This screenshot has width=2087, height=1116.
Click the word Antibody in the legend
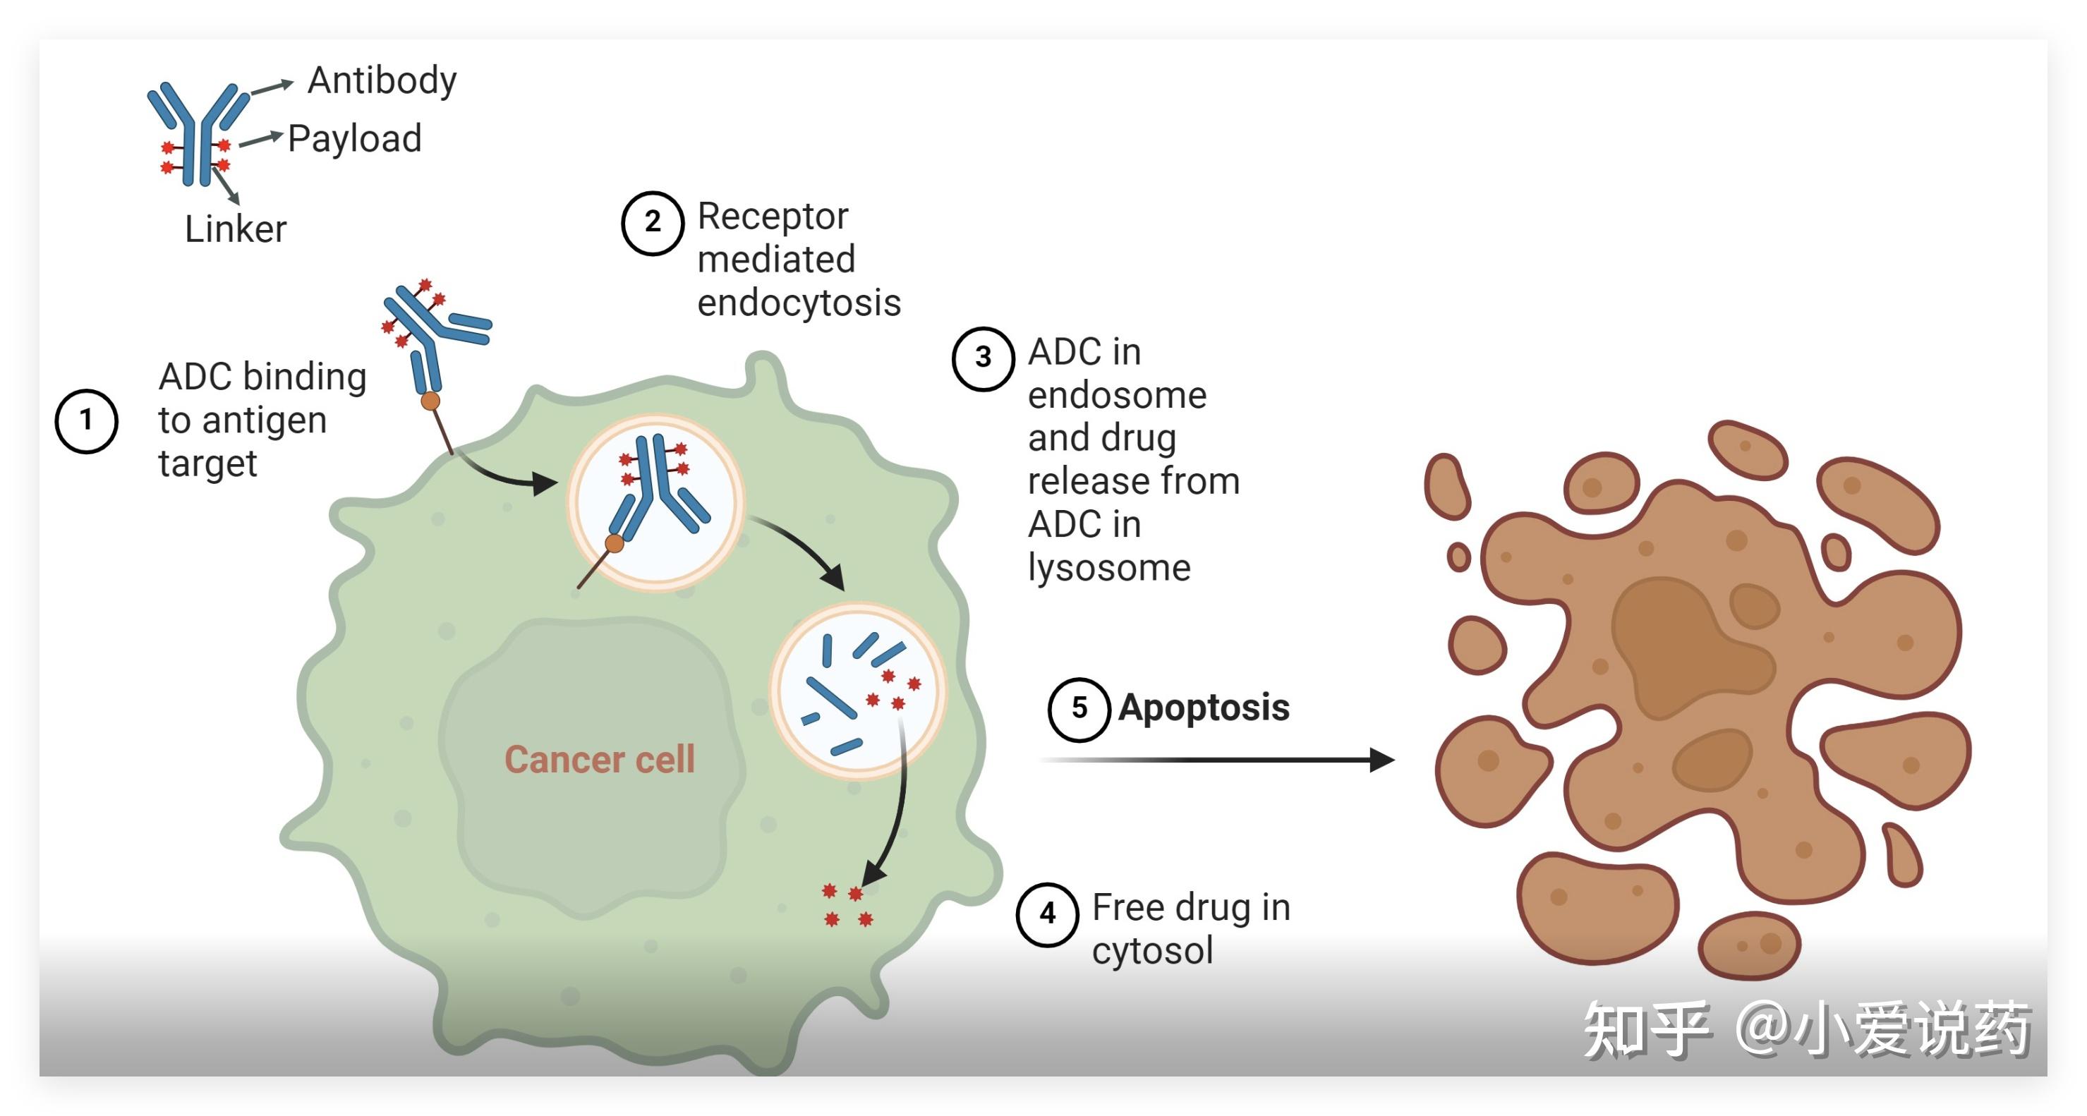pyautogui.click(x=382, y=81)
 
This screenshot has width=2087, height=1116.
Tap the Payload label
pyautogui.click(x=354, y=138)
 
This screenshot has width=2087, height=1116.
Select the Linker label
pyautogui.click(x=235, y=229)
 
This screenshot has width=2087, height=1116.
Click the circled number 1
pyautogui.click(x=86, y=421)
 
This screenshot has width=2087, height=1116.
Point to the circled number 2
pyautogui.click(x=652, y=223)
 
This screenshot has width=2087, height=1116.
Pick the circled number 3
pyautogui.click(x=983, y=358)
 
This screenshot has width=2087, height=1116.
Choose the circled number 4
pyautogui.click(x=1047, y=914)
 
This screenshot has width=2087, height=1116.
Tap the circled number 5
pyautogui.click(x=1078, y=709)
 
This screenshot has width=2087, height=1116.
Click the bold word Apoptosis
pyautogui.click(x=1203, y=708)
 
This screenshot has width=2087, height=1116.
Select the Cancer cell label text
pyautogui.click(x=599, y=760)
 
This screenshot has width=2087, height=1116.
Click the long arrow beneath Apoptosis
pyautogui.click(x=1215, y=760)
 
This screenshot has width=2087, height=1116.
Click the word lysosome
pyautogui.click(x=1108, y=568)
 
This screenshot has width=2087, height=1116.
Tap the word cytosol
pyautogui.click(x=1151, y=951)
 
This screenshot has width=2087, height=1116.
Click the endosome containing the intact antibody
pyautogui.click(x=655, y=502)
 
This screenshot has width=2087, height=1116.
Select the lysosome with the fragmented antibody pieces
pyautogui.click(x=857, y=690)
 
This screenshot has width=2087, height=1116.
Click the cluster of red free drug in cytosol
pyautogui.click(x=847, y=906)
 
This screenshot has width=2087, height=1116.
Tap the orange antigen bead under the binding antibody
pyautogui.click(x=430, y=401)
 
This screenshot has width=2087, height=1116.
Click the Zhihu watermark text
pyautogui.click(x=1807, y=1029)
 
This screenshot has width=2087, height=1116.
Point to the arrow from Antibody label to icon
pyautogui.click(x=271, y=87)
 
